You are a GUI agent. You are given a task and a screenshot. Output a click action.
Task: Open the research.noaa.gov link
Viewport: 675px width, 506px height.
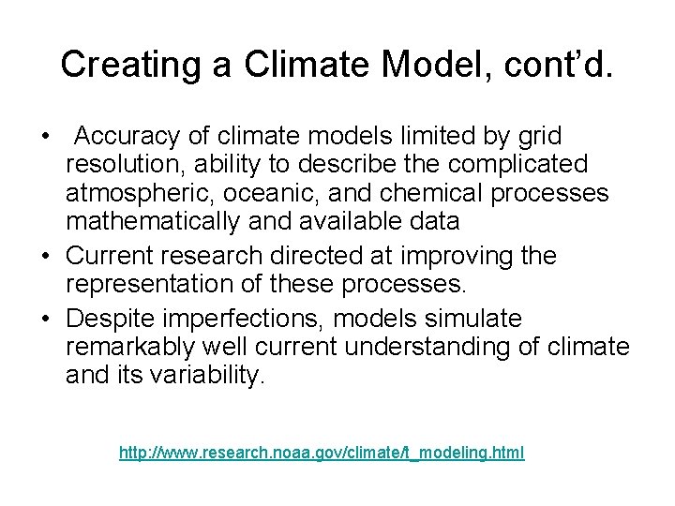322,454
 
